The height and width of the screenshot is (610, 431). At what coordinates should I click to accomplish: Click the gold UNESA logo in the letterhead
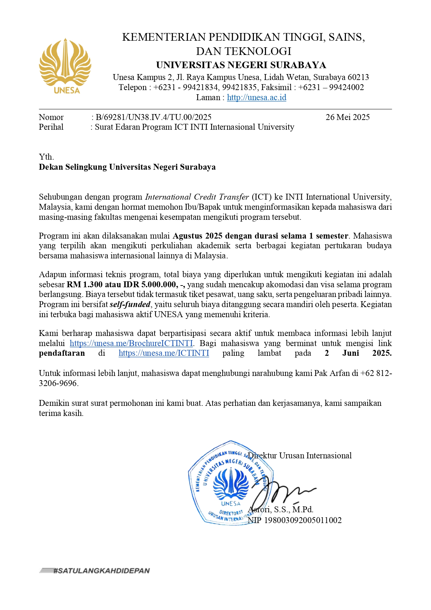coord(65,66)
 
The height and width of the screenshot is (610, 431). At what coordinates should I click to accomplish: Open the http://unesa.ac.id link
coord(257,97)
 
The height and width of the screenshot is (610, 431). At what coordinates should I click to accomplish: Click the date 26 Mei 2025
coord(347,117)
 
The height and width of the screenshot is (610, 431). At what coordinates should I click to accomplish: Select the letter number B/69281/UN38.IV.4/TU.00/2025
coord(154,117)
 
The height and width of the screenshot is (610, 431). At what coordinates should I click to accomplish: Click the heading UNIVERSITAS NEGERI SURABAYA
coord(241,65)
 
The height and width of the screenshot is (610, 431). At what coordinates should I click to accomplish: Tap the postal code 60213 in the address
coord(358,77)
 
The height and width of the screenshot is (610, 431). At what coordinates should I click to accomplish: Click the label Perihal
coord(51,127)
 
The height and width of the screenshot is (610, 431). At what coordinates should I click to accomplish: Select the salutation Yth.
coord(46,157)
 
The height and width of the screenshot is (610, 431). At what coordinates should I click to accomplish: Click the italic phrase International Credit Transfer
coord(197,197)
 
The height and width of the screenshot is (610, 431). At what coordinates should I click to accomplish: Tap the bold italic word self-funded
coord(130,304)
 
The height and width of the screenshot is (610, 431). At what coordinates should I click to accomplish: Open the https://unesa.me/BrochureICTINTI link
coord(131,343)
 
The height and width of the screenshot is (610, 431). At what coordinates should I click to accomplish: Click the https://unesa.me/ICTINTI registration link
coord(164,353)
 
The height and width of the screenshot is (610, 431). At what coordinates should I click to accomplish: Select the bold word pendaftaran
coord(62,353)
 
